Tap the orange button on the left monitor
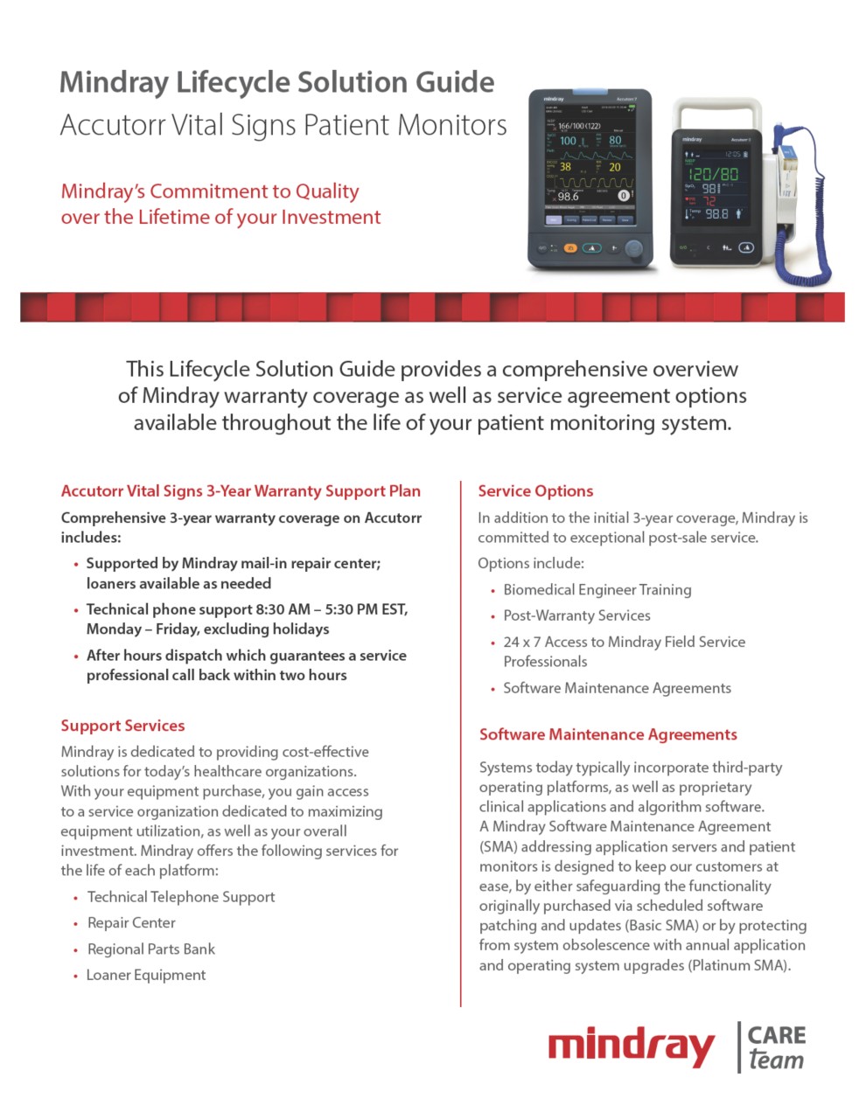click(x=569, y=248)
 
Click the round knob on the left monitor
click(x=632, y=248)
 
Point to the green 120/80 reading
click(x=714, y=173)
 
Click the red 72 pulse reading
click(x=709, y=200)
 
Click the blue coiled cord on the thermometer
click(x=801, y=254)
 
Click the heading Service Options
click(x=535, y=491)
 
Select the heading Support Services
click(x=122, y=726)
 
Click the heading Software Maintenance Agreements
click(x=608, y=734)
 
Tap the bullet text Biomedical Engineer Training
click(x=597, y=590)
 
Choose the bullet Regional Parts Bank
click(x=150, y=949)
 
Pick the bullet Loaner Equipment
click(x=146, y=975)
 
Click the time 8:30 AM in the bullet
click(x=284, y=609)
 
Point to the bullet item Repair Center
click(x=131, y=922)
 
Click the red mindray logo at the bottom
click(x=631, y=1047)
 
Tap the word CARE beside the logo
click(x=777, y=1035)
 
